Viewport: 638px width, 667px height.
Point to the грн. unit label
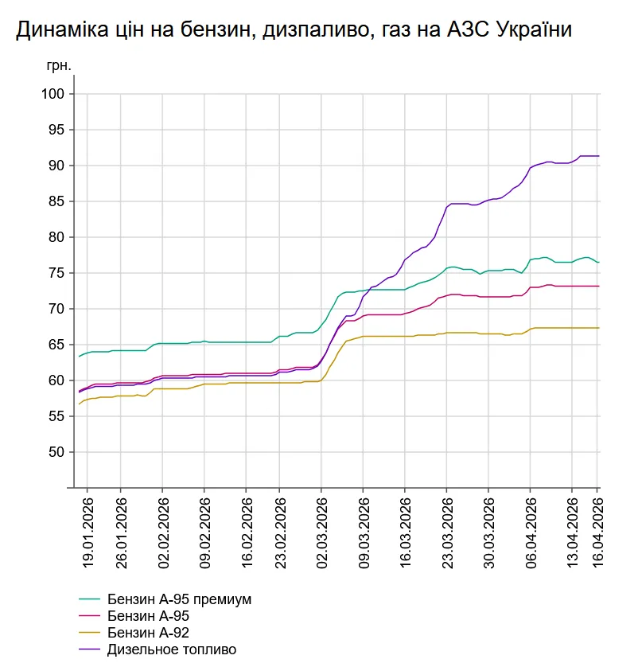point(58,66)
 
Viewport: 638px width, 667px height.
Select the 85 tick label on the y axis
point(56,201)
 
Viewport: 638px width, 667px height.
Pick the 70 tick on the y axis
point(56,309)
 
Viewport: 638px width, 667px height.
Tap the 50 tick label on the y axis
point(56,452)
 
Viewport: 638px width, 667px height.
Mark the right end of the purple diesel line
point(598,156)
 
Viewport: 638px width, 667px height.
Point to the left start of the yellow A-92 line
point(79,404)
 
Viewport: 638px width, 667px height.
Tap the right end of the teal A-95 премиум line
point(598,262)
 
